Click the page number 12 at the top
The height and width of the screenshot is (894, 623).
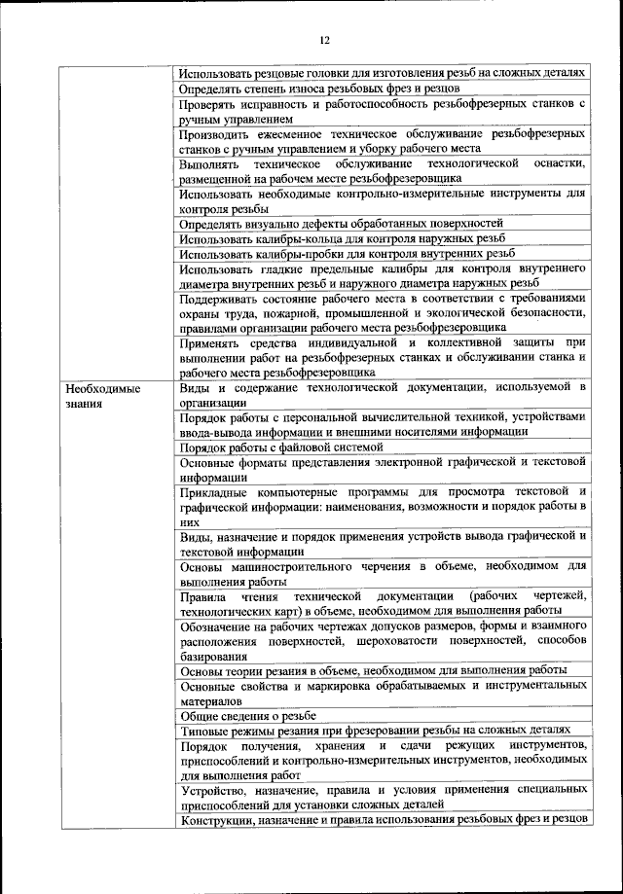325,40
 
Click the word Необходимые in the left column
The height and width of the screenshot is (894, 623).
97,389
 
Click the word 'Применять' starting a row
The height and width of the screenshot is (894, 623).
213,342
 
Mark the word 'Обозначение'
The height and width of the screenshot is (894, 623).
220,626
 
